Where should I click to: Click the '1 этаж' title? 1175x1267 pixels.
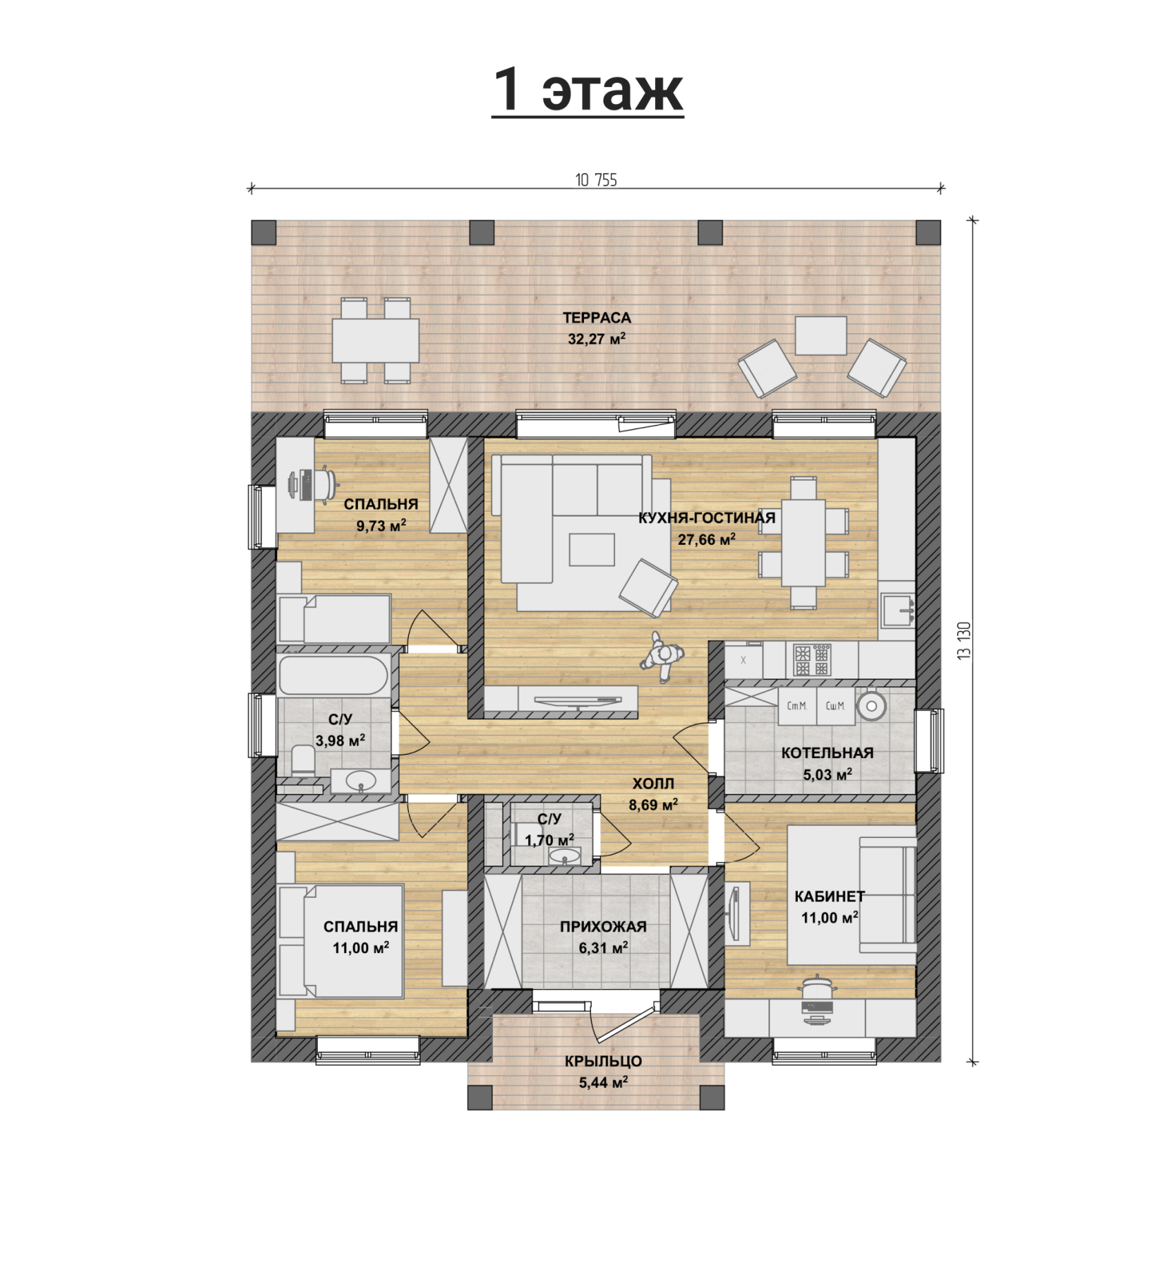click(x=587, y=90)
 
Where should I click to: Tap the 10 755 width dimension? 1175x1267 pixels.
click(x=596, y=180)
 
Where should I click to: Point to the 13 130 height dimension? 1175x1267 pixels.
click(x=965, y=641)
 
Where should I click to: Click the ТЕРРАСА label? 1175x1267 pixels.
click(x=596, y=318)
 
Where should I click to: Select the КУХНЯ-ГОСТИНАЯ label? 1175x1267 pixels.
click(x=707, y=518)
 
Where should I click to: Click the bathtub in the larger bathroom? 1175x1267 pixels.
click(x=334, y=675)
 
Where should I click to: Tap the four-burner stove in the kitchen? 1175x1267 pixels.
click(x=812, y=660)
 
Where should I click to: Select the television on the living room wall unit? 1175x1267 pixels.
click(x=578, y=700)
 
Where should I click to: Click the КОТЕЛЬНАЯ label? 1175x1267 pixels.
click(x=827, y=753)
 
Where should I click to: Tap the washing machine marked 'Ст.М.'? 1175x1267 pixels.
click(x=797, y=706)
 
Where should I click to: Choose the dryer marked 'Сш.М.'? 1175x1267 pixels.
click(x=835, y=706)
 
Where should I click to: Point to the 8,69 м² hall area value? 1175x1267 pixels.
click(x=652, y=804)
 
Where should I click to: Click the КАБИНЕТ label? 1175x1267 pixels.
click(x=830, y=897)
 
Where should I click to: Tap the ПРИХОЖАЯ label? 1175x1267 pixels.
click(x=603, y=927)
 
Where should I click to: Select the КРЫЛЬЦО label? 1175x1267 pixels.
click(x=603, y=1062)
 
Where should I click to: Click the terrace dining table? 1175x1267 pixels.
click(x=376, y=340)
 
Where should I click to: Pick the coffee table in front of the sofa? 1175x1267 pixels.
click(x=592, y=550)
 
